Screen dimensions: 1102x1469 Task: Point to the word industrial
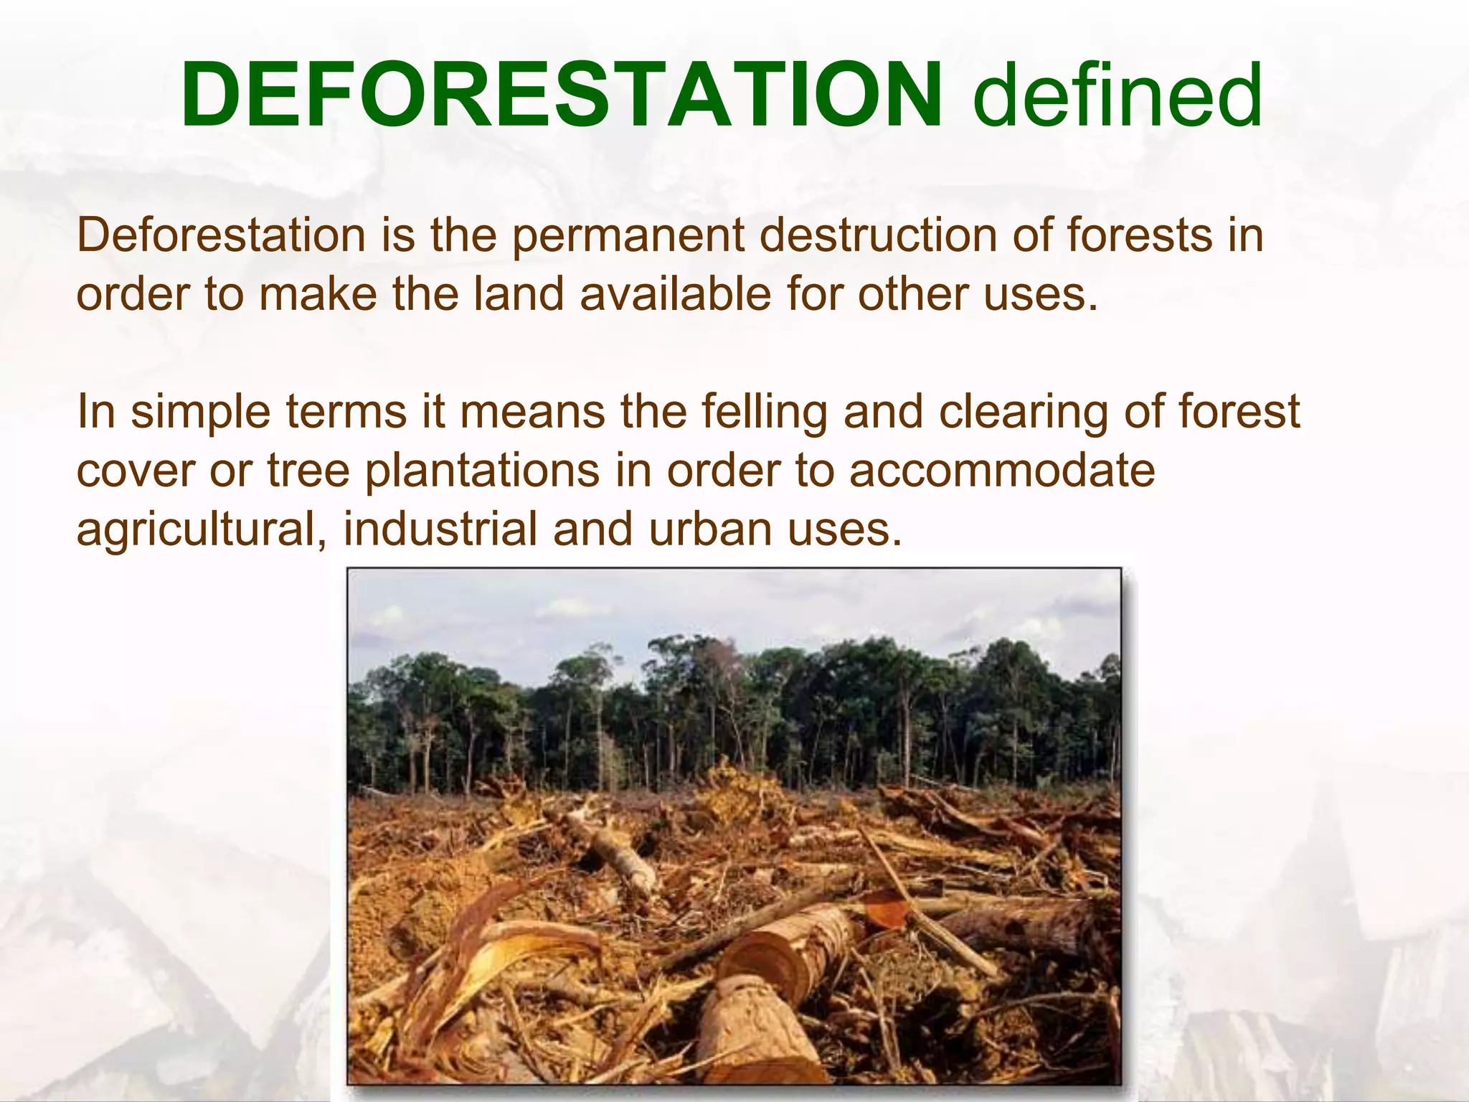(x=440, y=529)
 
